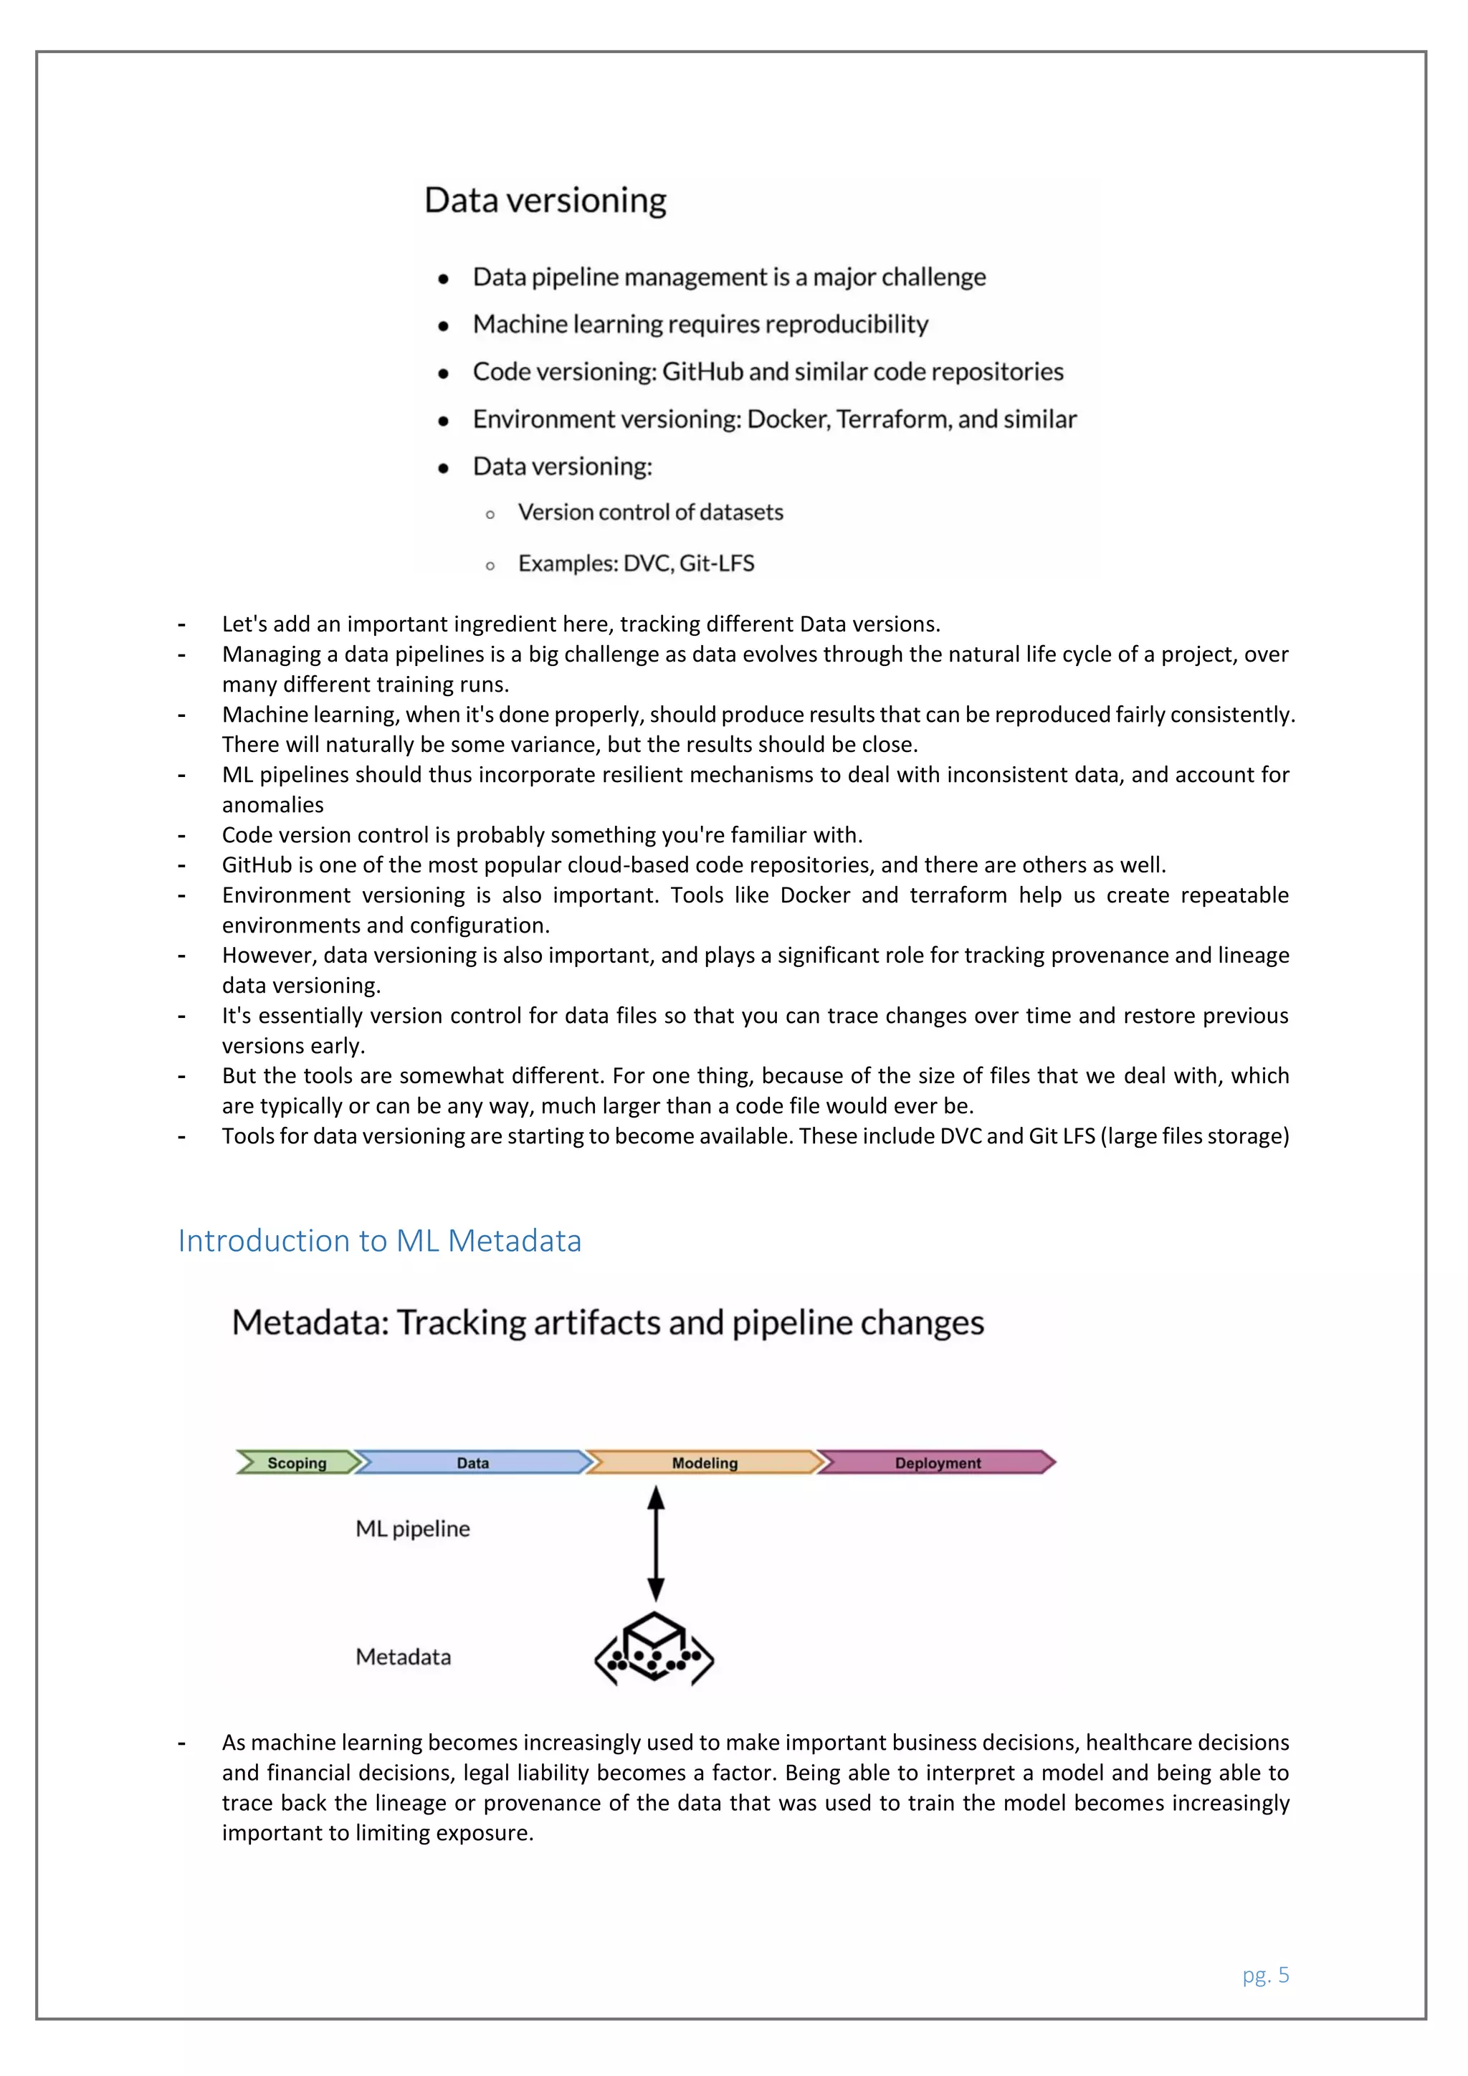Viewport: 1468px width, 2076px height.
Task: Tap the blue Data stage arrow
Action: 472,1462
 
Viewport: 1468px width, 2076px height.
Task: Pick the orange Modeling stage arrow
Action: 704,1462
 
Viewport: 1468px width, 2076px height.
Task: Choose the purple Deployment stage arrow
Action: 938,1462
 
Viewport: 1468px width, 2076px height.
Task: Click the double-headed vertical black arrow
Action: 657,1543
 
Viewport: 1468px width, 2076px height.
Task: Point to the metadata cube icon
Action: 654,1648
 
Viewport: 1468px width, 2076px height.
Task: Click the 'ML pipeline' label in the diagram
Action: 412,1529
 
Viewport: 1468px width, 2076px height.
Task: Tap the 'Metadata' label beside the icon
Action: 403,1657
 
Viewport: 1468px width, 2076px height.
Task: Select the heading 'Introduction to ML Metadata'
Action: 380,1241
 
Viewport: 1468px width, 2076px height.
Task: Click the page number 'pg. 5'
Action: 1266,1975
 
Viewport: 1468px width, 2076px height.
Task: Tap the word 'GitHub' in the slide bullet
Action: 702,371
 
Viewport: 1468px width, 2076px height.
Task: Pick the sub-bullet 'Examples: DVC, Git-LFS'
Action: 636,563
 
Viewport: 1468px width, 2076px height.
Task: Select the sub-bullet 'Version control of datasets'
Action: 650,513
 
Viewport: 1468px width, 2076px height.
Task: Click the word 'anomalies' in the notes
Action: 273,805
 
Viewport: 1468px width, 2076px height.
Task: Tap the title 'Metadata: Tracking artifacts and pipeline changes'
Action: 607,1323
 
